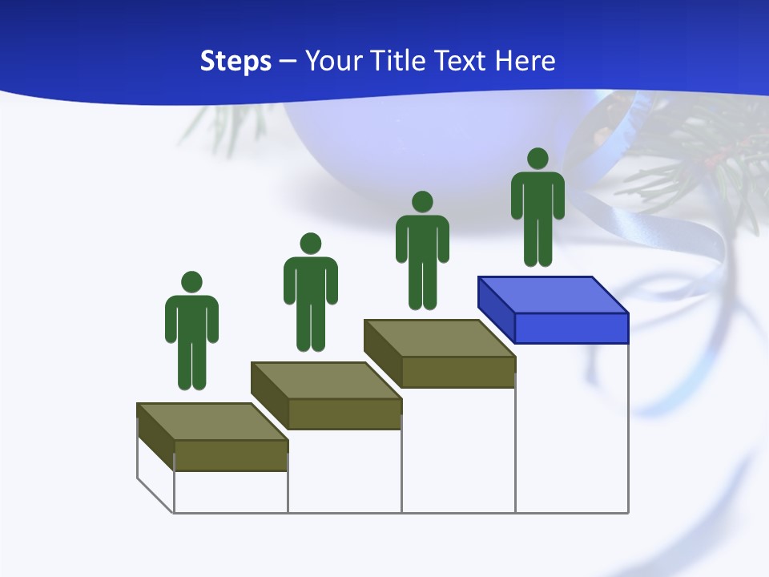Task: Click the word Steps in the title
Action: click(236, 61)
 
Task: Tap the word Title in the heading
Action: click(399, 61)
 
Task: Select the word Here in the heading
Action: click(524, 61)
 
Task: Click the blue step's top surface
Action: click(553, 295)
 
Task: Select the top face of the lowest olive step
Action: click(211, 422)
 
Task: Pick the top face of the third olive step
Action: click(439, 338)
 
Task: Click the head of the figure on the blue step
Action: click(537, 159)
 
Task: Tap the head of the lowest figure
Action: click(191, 282)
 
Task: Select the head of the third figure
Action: click(422, 201)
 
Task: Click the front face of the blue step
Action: click(571, 329)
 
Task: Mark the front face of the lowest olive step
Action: click(231, 455)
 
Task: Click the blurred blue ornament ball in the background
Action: click(360, 152)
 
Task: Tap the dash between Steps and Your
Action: click(288, 62)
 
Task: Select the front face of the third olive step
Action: click(458, 372)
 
